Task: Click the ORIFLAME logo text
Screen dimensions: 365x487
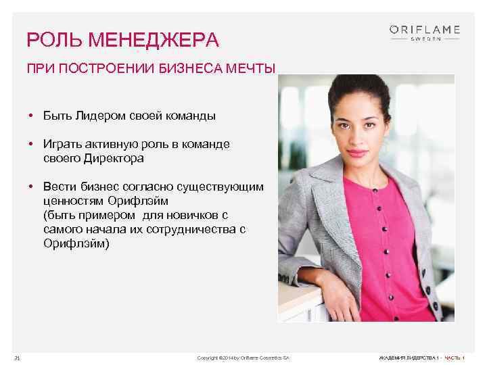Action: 425,29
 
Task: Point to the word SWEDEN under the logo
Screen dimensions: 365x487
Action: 425,39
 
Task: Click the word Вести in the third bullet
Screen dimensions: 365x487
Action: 58,187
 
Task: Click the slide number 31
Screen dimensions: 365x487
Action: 17,357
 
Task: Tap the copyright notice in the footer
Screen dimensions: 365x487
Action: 243,357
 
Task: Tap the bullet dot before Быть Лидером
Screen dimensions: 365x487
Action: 32,116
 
